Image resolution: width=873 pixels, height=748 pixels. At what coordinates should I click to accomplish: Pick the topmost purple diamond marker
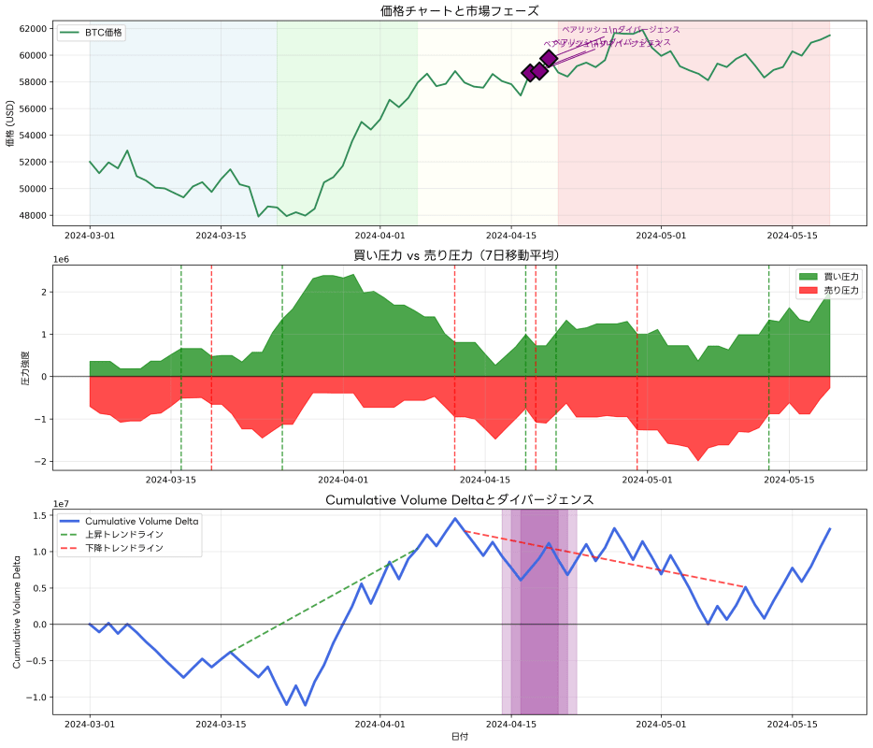tap(549, 58)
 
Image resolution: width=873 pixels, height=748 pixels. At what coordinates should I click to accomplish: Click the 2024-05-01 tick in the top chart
tap(662, 236)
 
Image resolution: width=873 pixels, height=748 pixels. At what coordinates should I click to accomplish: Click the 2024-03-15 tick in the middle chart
tap(171, 480)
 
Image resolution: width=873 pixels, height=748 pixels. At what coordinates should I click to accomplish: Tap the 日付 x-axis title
tap(460, 737)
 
